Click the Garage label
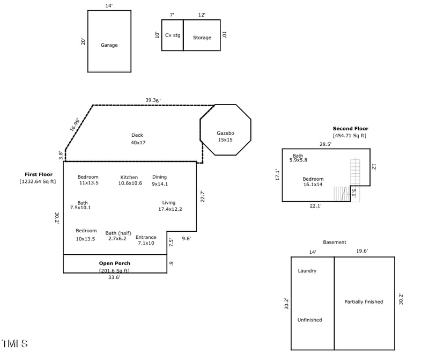point(109,45)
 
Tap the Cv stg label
point(173,35)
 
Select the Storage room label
point(202,38)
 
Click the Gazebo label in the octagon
point(225,133)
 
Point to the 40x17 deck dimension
point(138,143)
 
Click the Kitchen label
point(129,178)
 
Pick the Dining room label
point(159,177)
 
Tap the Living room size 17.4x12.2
point(170,209)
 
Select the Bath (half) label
point(118,233)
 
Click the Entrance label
point(146,237)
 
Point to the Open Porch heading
point(115,263)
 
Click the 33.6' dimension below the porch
point(114,277)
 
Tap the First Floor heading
point(39,174)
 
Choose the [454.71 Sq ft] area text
point(350,136)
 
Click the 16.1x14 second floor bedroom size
point(313,185)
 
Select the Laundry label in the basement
point(307,271)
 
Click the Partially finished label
point(364,302)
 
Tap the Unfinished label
point(309,320)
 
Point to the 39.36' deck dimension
point(153,100)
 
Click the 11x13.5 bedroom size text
point(89,183)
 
